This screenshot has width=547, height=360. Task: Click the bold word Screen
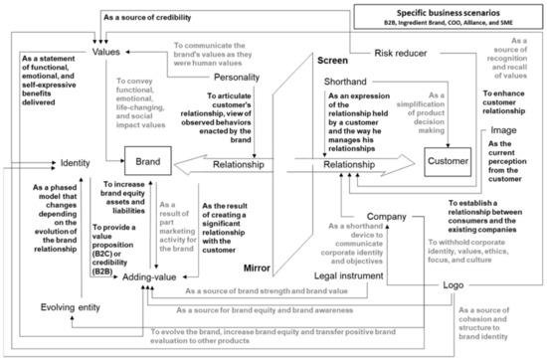332,62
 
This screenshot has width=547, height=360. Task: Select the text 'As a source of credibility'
158,17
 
